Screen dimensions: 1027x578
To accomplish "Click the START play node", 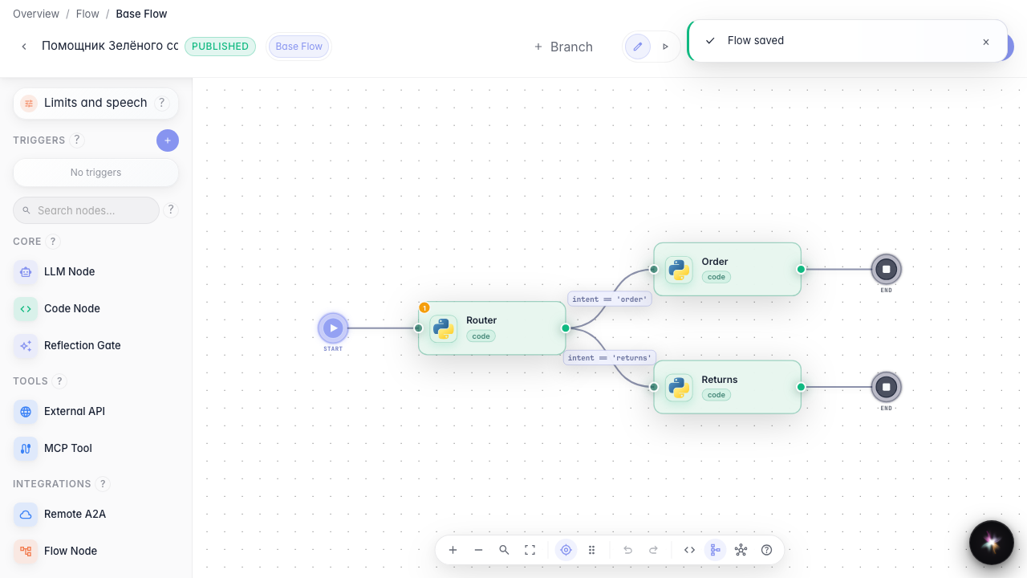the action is coord(333,328).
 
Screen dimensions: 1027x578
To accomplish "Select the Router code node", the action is coord(492,328).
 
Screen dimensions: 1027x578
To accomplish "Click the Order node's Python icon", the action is coord(679,270).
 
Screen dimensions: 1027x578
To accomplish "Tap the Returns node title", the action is coord(720,380).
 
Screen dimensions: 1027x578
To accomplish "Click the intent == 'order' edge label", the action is coord(609,299).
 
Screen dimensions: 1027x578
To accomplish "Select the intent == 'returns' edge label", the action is coord(609,358).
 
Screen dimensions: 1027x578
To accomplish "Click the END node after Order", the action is coord(887,269).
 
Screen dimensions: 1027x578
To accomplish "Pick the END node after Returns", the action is coord(887,387).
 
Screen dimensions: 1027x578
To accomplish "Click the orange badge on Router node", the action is coord(424,307).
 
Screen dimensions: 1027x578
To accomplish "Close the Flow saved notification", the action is coord(986,43).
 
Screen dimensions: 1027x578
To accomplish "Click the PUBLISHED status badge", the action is coord(220,47).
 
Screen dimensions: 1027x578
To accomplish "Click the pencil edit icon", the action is coord(638,47).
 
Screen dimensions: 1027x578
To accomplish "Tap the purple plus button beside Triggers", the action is coord(168,140).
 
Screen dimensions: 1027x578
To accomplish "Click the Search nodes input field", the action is coord(86,210).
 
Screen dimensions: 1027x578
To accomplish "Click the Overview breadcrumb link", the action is coord(36,14).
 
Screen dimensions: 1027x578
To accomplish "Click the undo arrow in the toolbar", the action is coord(627,550).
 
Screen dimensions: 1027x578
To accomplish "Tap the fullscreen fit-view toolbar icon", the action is coord(530,550).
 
